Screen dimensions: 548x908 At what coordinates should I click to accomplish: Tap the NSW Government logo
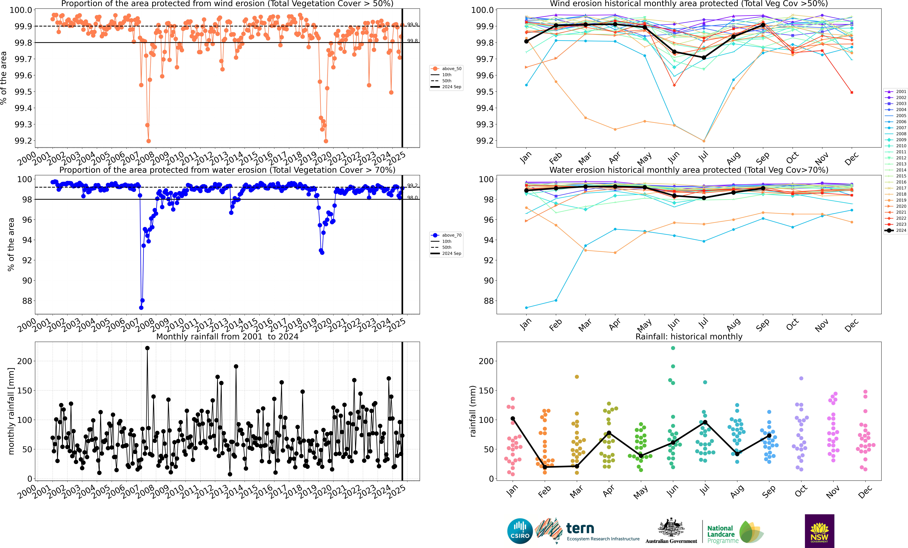click(x=819, y=531)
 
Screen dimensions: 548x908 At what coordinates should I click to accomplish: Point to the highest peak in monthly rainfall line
click(x=147, y=348)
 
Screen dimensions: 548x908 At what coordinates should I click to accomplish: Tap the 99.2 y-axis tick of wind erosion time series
click(x=23, y=141)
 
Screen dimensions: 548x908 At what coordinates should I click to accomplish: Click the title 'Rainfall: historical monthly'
click(x=689, y=336)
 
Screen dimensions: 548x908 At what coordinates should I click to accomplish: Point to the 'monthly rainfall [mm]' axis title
click(x=11, y=411)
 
